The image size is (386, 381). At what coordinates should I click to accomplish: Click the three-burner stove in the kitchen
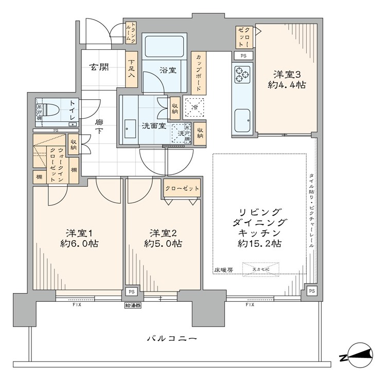tap(241, 75)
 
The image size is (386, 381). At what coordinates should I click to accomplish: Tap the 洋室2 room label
tap(162, 232)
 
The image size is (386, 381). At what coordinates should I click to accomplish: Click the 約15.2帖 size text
tap(259, 244)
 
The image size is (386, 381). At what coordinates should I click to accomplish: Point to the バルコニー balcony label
tap(172, 339)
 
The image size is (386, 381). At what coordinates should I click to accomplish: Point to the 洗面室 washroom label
tap(153, 126)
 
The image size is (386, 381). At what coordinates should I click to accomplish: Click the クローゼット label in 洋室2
tap(182, 189)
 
